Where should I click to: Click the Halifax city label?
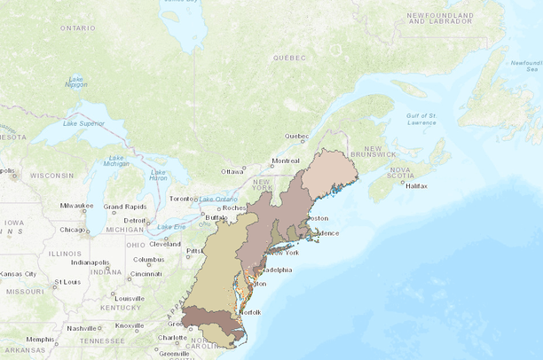point(417,185)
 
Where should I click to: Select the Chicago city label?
point(74,230)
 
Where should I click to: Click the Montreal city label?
point(286,160)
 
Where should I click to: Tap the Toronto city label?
point(181,199)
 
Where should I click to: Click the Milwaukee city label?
point(77,206)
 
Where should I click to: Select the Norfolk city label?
point(250,312)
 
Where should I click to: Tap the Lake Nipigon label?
point(76,83)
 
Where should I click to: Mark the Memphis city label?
point(39,340)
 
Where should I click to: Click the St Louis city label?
point(67,282)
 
